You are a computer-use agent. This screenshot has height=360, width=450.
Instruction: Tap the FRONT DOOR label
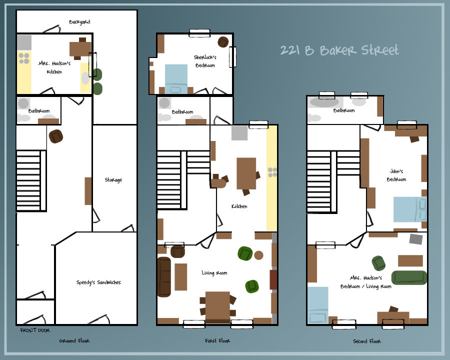[34, 330]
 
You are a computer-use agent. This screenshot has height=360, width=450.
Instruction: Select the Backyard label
[79, 22]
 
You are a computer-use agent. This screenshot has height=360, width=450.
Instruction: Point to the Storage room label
[113, 180]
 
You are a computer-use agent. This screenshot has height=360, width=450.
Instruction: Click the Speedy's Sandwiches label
[98, 282]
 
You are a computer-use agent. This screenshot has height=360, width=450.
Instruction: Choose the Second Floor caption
[367, 341]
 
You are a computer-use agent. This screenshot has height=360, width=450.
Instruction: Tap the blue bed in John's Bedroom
[409, 209]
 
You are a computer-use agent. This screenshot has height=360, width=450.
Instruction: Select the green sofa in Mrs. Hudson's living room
[408, 277]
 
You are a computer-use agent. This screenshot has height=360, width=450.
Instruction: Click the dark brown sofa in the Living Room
[163, 276]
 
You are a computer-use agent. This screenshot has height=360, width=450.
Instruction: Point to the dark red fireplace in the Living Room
[273, 279]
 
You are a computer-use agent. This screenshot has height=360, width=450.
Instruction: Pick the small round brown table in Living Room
[258, 255]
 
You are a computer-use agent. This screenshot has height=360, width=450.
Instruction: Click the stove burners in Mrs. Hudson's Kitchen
[24, 58]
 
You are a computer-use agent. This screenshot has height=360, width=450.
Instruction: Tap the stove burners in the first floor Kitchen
[272, 172]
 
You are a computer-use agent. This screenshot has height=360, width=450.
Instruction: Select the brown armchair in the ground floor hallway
[56, 136]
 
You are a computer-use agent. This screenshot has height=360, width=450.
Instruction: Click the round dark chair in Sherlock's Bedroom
[223, 42]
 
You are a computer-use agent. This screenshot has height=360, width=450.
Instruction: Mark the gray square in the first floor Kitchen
[239, 133]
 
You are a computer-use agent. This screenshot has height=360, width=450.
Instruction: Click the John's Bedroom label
[397, 175]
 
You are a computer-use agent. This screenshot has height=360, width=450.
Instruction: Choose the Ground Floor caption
[74, 341]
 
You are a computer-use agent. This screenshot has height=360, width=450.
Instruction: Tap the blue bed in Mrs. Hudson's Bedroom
[317, 305]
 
